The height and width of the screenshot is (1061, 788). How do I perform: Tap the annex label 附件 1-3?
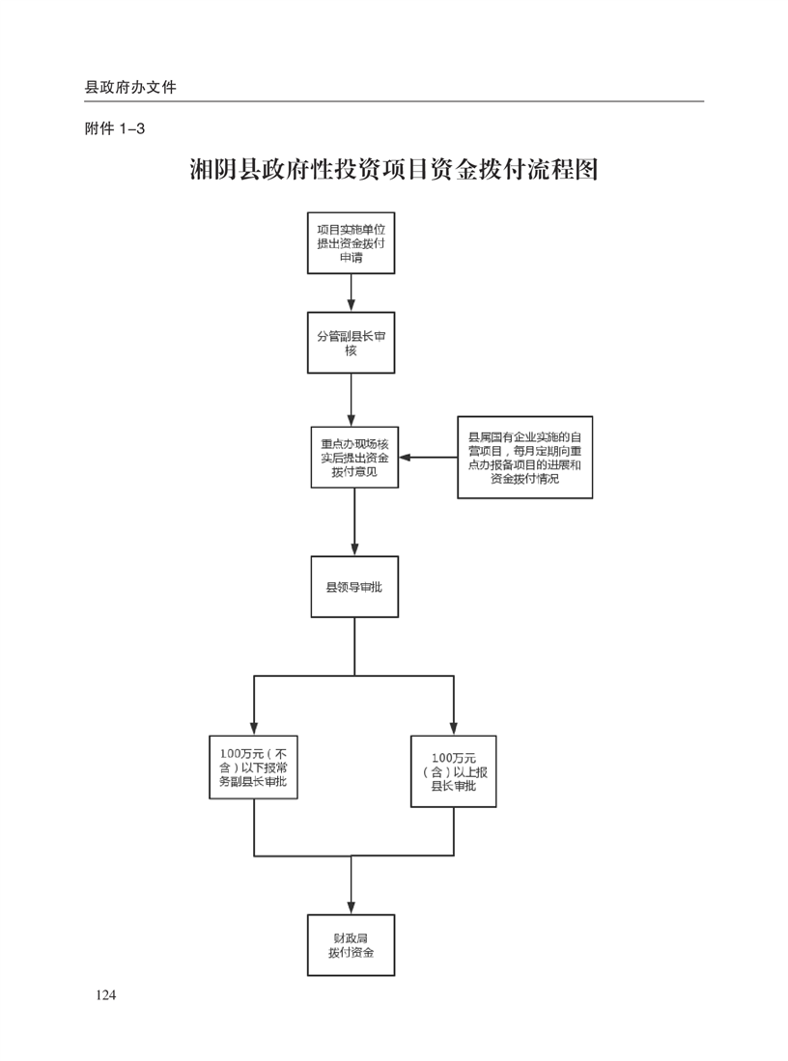point(115,129)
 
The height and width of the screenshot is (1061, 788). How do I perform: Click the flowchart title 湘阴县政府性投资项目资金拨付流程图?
point(394,170)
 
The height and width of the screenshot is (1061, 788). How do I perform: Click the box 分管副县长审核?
point(351,343)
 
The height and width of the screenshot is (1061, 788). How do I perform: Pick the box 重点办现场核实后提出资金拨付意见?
point(354,458)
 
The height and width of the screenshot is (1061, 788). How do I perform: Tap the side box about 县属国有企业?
point(524,457)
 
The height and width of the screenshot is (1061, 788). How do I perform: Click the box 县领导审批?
point(354,586)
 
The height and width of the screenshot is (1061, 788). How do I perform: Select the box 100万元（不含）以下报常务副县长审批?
point(253,768)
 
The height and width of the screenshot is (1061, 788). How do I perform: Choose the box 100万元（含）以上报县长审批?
point(453,771)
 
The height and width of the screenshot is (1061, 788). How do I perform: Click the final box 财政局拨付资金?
point(351,944)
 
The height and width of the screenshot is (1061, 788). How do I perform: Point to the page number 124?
point(105,995)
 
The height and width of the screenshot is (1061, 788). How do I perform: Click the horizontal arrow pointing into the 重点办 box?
point(429,457)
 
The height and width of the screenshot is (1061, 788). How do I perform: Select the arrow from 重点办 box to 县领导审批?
point(354,521)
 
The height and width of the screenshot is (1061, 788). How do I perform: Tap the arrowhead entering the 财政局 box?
point(351,906)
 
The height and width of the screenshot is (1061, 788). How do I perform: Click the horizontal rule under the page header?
point(394,101)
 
